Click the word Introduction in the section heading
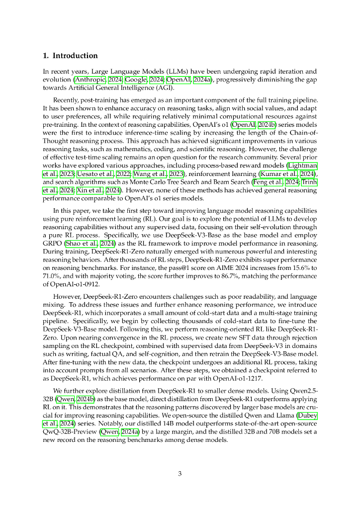[x=75, y=56]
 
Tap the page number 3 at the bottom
[x=180, y=474]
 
